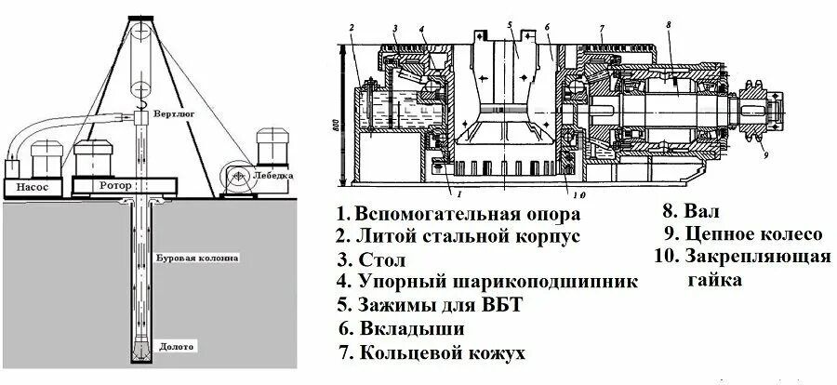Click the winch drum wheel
point(238,177)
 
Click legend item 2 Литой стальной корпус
point(458,235)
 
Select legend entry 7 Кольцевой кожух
point(432,353)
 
